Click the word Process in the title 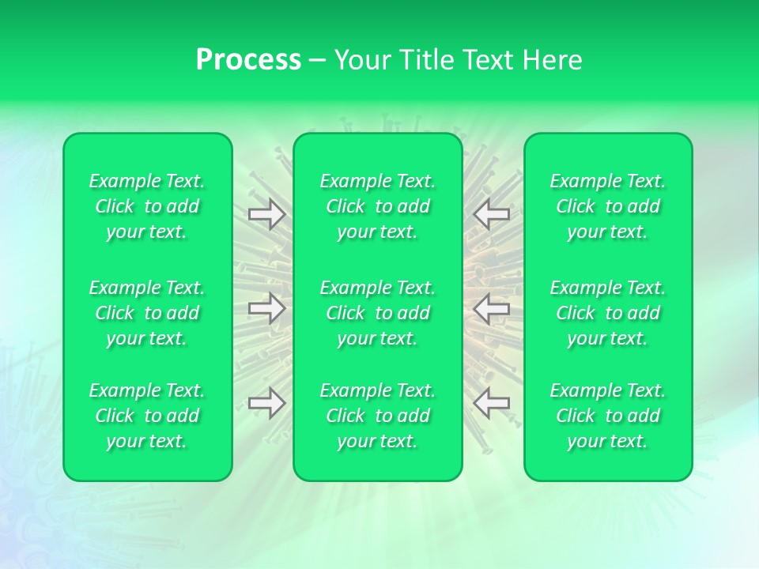[248, 60]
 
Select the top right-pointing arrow [266, 214]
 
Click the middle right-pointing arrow [266, 308]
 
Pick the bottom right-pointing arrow [266, 403]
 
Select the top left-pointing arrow [491, 214]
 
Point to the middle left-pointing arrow [491, 308]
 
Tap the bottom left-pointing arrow [491, 403]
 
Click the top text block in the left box [147, 206]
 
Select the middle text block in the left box [147, 313]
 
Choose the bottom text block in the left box [147, 416]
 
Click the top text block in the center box [378, 206]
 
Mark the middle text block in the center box [378, 313]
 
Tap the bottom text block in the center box [378, 416]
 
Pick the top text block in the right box [608, 206]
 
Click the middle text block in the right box [608, 313]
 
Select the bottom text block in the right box [608, 416]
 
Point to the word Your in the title [361, 60]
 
